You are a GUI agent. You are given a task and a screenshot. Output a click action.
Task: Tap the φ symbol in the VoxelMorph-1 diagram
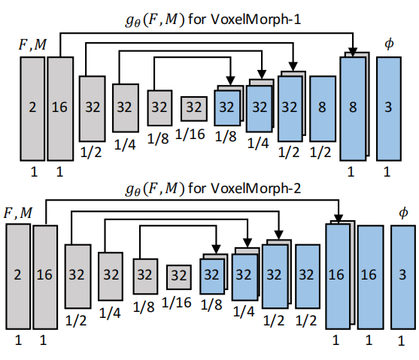tap(388, 44)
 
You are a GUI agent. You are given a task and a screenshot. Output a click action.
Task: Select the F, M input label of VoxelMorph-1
tap(32, 47)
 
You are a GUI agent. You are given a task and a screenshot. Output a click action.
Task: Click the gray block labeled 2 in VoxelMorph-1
tap(32, 108)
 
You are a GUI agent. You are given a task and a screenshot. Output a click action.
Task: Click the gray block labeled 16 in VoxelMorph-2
tap(45, 276)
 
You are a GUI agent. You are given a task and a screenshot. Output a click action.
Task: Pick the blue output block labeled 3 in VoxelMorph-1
tap(388, 108)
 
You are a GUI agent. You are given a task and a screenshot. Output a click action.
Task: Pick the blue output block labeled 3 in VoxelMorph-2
tap(403, 276)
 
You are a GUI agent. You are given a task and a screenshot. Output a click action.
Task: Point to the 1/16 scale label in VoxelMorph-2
tap(178, 302)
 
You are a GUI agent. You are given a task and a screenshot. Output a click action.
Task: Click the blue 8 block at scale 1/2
tap(322, 108)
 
